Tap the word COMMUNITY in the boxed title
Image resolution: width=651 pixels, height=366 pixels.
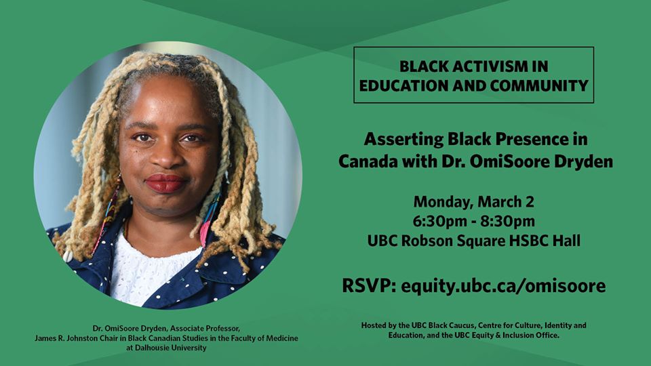(539, 86)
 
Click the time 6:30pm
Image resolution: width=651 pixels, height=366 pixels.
(439, 222)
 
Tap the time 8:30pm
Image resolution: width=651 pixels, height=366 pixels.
(508, 222)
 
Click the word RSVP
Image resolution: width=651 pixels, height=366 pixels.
(369, 286)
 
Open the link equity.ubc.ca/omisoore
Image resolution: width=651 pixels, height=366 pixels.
(503, 287)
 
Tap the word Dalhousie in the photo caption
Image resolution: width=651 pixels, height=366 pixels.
(152, 348)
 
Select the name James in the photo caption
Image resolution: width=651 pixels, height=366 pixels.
(45, 338)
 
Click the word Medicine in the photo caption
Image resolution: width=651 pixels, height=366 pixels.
(282, 338)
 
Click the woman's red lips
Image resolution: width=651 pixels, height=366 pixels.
(165, 183)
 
